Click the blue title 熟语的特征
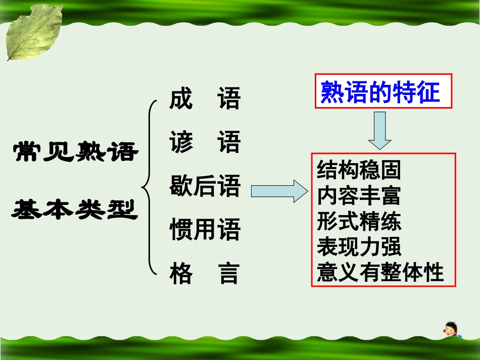click(x=380, y=92)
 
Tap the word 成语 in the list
click(x=205, y=99)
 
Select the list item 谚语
click(x=205, y=143)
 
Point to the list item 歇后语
click(x=205, y=187)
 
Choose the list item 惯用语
click(x=205, y=230)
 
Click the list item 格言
click(x=205, y=274)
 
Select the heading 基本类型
click(x=75, y=209)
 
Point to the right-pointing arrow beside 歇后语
click(x=279, y=192)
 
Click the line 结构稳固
click(x=359, y=171)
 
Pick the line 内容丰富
click(x=359, y=196)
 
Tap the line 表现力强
click(x=359, y=247)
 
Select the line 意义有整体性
click(x=380, y=273)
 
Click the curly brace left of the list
click(x=148, y=187)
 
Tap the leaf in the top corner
click(x=32, y=32)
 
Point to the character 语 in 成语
click(x=228, y=99)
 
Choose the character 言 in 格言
click(x=228, y=274)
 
